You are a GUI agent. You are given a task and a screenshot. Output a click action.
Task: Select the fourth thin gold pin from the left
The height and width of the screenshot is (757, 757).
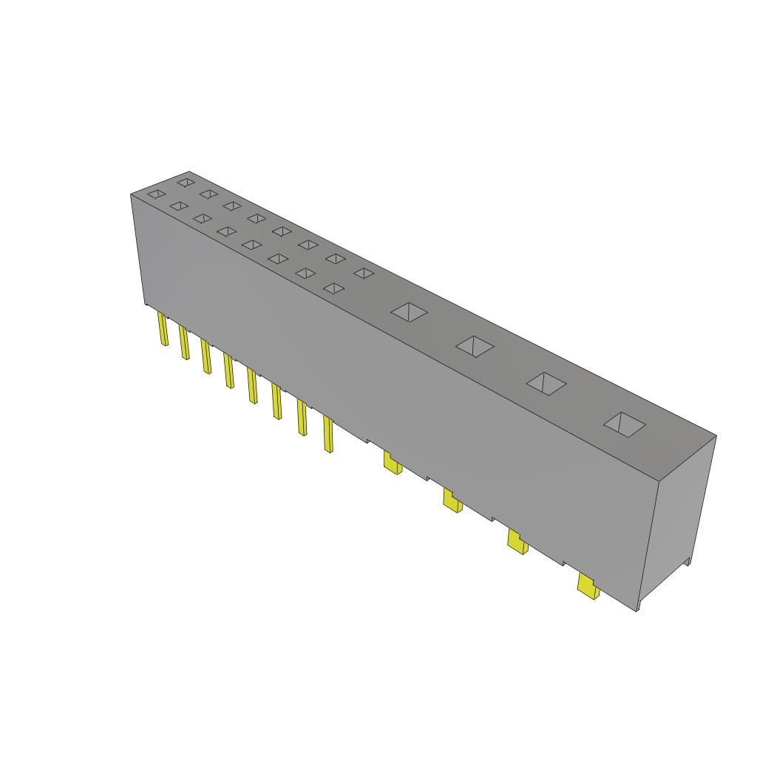tap(229, 370)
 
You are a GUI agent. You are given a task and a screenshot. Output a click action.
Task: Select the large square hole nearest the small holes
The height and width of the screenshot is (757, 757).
tap(410, 312)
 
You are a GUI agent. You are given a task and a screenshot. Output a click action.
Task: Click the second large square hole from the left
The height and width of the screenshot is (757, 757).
tap(475, 345)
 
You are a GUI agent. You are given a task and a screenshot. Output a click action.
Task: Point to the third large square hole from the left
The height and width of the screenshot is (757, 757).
tap(546, 383)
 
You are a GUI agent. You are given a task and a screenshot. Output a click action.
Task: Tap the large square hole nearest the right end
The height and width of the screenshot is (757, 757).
tap(625, 424)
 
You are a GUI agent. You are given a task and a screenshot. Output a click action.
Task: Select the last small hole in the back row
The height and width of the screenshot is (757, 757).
tap(363, 273)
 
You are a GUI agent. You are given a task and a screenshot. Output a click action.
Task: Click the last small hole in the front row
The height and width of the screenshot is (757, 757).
tap(334, 288)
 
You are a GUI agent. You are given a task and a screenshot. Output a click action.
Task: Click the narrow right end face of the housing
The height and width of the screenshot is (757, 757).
tap(676, 517)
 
